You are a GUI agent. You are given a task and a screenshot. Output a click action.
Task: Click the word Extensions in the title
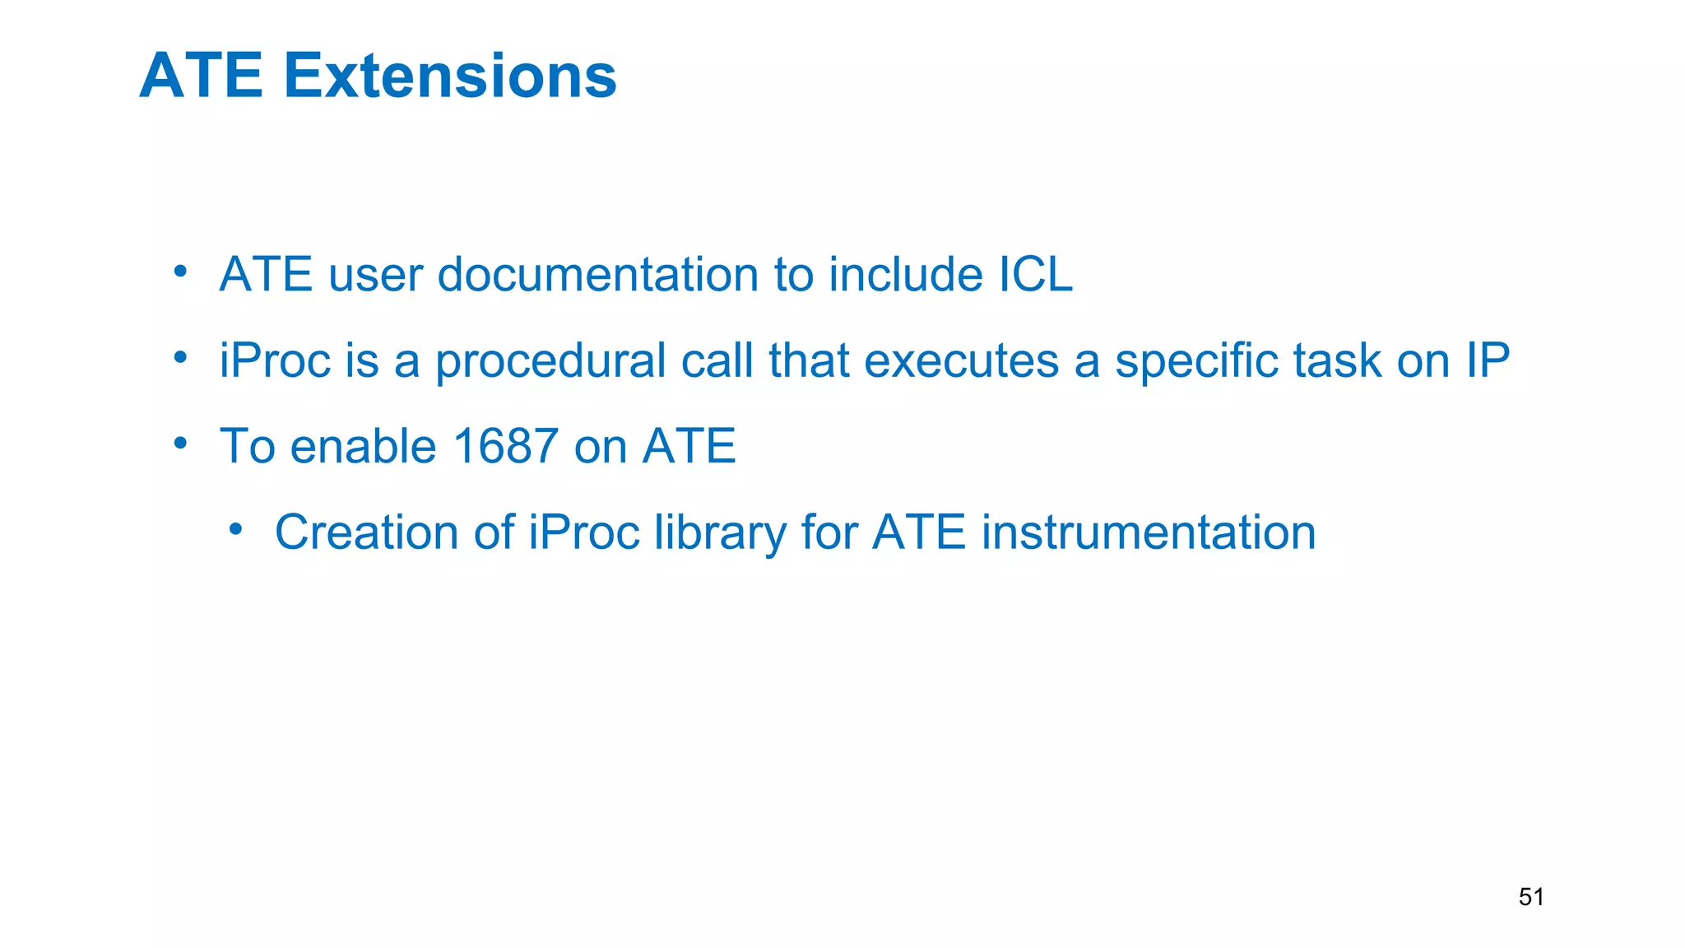[x=450, y=76]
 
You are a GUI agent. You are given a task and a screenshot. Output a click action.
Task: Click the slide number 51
[x=1531, y=896]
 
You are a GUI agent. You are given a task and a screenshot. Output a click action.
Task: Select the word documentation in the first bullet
[x=598, y=274]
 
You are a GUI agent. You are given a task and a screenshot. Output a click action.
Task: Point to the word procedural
[x=550, y=360]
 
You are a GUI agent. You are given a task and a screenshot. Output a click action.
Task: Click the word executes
[x=961, y=360]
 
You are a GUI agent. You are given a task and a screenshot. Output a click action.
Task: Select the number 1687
[x=505, y=446]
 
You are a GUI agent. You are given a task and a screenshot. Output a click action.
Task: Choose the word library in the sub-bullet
[x=720, y=532]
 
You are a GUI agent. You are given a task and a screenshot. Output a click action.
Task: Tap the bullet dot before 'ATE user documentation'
[x=181, y=271]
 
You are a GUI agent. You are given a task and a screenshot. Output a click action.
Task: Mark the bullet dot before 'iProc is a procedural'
[x=181, y=357]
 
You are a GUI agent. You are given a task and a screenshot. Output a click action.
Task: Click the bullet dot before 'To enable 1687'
[x=181, y=443]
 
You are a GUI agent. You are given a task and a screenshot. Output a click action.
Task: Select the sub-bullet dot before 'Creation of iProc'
[x=236, y=528]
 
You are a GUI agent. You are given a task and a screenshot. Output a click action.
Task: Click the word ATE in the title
[x=202, y=76]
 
